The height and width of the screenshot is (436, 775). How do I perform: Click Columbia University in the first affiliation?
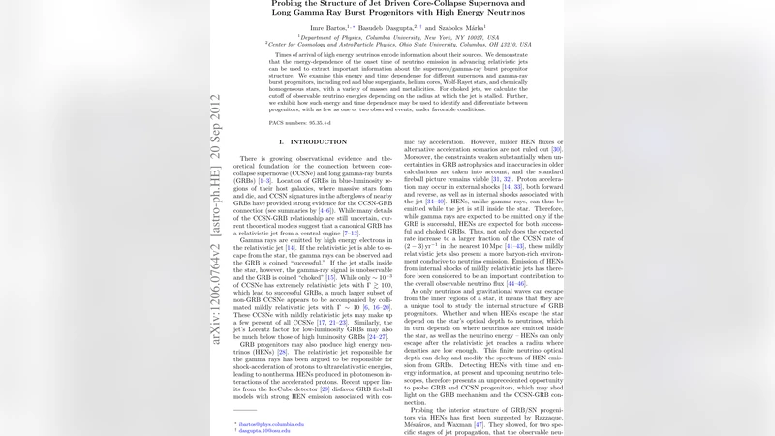(383, 38)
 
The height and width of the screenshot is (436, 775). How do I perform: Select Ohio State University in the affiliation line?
(409, 45)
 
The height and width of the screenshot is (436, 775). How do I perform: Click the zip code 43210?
(511, 45)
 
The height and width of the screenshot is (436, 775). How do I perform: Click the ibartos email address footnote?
(272, 423)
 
